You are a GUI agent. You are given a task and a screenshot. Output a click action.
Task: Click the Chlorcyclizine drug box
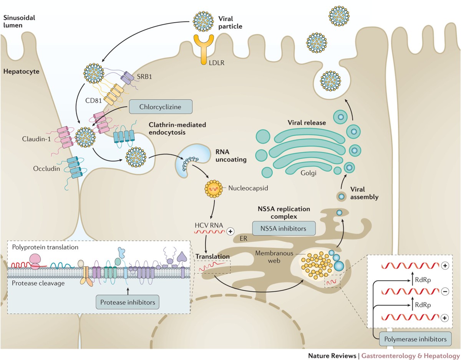161,107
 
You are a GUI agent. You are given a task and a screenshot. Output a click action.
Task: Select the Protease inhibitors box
128,302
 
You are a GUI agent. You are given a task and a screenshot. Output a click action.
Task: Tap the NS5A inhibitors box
284,228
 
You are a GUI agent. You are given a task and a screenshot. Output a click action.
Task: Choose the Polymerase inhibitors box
415,339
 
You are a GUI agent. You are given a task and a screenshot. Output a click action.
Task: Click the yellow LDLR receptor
204,50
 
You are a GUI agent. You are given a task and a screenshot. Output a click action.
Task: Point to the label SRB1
144,76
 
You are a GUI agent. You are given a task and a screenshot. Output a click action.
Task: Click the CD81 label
93,101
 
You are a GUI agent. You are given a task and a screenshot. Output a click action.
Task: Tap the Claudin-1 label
36,139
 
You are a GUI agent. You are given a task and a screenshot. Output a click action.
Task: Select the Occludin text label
46,168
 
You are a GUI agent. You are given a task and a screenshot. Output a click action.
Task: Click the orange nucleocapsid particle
214,189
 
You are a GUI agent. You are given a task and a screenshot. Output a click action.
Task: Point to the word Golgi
308,173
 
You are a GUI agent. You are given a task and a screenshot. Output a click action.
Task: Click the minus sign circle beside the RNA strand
444,292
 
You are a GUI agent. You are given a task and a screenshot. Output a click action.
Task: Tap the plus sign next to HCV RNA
230,231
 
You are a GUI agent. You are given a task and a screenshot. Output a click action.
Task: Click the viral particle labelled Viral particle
203,21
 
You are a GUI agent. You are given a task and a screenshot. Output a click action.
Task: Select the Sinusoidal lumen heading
19,21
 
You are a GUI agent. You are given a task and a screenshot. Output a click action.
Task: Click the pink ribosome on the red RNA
35,262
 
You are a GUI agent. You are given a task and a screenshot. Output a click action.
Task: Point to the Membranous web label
274,257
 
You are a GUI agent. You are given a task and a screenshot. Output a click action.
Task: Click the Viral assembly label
364,193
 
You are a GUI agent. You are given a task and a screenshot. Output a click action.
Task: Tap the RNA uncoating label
231,155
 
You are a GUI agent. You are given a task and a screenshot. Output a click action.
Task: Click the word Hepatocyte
21,71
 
